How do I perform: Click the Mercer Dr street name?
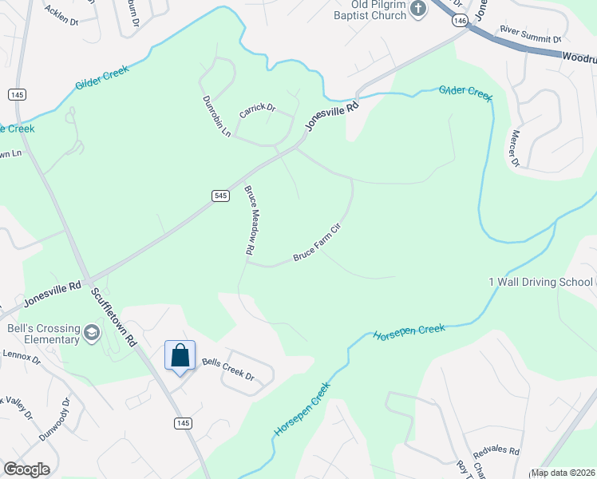pyautogui.click(x=515, y=148)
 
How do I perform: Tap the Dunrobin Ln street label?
pyautogui.click(x=216, y=117)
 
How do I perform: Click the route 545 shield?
pyautogui.click(x=221, y=195)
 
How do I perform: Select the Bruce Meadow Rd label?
pyautogui.click(x=249, y=221)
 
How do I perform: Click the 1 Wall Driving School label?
pyautogui.click(x=540, y=282)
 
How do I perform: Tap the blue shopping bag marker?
pyautogui.click(x=180, y=355)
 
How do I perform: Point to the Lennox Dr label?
pyautogui.click(x=21, y=356)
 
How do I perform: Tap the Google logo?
pyautogui.click(x=26, y=469)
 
